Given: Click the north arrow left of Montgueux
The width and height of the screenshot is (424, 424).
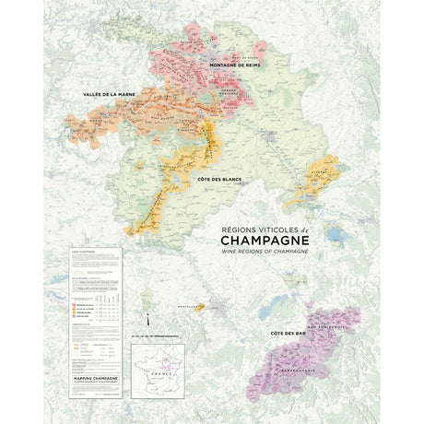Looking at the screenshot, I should pyautogui.click(x=145, y=297).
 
